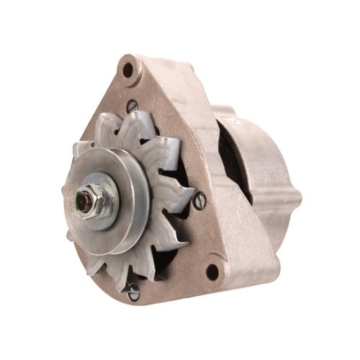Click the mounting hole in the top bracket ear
click(x=129, y=70)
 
